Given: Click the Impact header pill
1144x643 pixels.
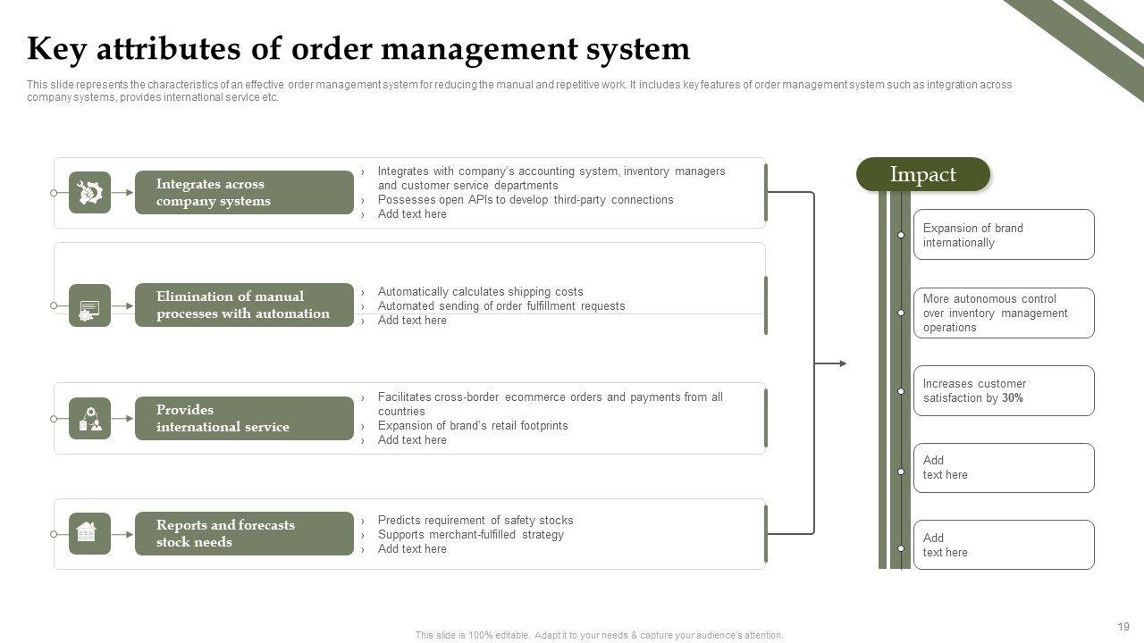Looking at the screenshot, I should (x=923, y=175).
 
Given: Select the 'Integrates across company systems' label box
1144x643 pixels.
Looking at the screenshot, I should (x=244, y=193).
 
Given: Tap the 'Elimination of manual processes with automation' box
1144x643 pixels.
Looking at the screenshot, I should (x=244, y=305).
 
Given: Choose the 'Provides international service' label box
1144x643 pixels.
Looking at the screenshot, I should (x=244, y=419).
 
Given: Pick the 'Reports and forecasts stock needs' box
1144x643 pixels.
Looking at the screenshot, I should (x=244, y=534).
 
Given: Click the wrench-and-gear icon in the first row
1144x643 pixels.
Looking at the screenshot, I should (x=89, y=193).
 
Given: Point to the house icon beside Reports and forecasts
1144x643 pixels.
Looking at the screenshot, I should (x=89, y=533).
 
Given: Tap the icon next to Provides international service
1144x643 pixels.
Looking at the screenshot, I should (x=89, y=419).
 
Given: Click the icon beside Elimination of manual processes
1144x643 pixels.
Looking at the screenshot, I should (x=89, y=306).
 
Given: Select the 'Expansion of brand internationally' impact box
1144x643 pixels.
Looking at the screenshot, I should (x=1003, y=235).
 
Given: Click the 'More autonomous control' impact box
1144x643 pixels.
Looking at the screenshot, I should (x=1003, y=313).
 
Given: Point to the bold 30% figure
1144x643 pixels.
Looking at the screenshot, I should (x=1013, y=398).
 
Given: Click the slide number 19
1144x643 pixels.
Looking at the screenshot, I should (x=1123, y=627).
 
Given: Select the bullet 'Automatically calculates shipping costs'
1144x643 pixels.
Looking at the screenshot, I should (x=480, y=292).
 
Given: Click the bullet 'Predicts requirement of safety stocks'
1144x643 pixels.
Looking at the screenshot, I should (x=475, y=521).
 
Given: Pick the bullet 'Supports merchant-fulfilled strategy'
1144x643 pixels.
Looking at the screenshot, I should (x=470, y=535).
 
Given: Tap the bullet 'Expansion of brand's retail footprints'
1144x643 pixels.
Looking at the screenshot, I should (x=473, y=426).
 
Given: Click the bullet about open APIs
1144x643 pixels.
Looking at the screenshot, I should (x=526, y=200).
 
